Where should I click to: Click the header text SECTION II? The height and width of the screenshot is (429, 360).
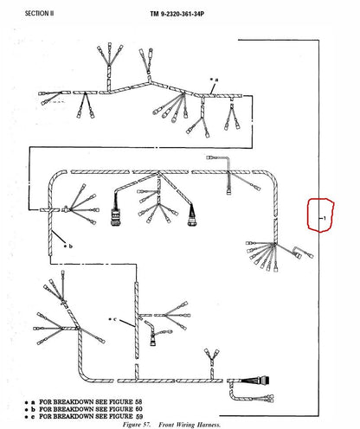(x=39, y=13)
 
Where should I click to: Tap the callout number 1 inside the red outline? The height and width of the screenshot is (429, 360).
(x=325, y=218)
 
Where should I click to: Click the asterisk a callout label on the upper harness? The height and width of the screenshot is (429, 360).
(x=214, y=80)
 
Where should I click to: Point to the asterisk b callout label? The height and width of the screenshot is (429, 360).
(x=68, y=246)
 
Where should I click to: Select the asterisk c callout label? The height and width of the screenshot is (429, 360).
(x=112, y=319)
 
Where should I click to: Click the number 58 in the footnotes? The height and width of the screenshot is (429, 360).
(x=138, y=401)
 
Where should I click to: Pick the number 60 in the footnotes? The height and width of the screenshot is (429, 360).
(x=138, y=409)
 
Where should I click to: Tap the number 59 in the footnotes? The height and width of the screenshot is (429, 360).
(x=139, y=416)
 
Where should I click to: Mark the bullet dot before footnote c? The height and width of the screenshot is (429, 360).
(x=26, y=417)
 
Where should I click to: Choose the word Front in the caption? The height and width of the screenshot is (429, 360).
(x=166, y=425)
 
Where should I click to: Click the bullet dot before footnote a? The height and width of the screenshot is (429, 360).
(x=26, y=402)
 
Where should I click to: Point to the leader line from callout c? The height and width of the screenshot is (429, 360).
(x=127, y=323)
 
